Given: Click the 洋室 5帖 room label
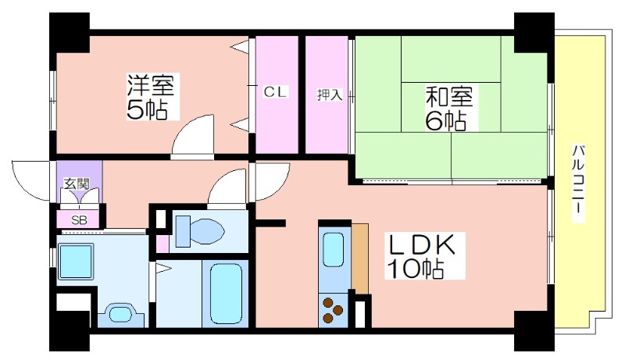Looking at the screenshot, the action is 152,96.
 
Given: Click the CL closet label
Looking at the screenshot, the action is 275,92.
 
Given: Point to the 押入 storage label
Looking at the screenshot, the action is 330,94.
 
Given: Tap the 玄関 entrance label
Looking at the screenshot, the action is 77,184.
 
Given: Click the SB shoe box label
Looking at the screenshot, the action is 79,220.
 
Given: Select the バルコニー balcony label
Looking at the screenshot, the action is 578,183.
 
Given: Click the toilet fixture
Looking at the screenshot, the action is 200,231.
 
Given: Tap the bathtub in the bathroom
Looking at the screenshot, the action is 226,294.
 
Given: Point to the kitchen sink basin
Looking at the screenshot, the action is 333,250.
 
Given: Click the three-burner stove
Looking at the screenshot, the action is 333,310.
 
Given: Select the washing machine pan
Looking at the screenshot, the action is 76,262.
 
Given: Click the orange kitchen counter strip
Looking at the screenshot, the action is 360,258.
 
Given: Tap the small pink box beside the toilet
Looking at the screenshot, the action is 162,244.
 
